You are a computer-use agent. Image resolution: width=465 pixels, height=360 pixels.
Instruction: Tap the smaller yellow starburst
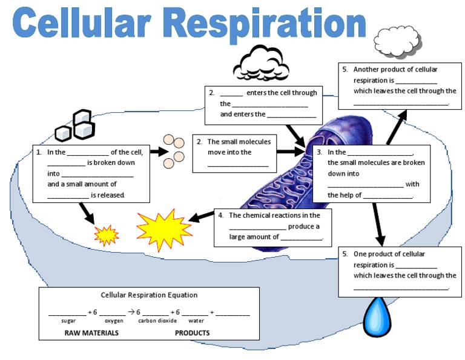[106, 234]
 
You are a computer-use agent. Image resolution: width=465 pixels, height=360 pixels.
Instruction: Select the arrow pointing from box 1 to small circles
[159, 152]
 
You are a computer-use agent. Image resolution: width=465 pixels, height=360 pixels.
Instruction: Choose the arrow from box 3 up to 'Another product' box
[397, 127]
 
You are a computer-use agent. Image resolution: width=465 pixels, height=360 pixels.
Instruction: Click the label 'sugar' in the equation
[68, 321]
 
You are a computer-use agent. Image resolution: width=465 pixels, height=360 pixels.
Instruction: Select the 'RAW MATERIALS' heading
[91, 333]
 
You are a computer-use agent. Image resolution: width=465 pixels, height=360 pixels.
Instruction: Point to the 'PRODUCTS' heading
[192, 333]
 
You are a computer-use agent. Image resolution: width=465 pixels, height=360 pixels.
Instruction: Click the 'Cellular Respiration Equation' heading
[149, 295]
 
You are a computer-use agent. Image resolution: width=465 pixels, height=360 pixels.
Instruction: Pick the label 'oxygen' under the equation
[114, 321]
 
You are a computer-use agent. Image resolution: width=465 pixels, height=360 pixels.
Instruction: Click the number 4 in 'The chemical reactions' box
[221, 215]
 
